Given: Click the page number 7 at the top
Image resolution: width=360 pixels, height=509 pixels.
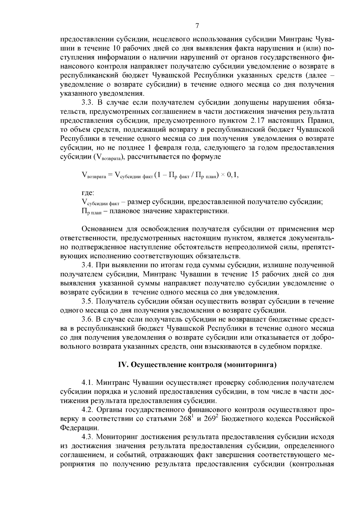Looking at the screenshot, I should [197, 26].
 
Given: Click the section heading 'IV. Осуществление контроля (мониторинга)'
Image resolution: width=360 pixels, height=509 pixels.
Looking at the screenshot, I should [197, 365].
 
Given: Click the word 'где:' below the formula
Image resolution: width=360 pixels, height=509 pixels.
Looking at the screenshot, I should [88, 193].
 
